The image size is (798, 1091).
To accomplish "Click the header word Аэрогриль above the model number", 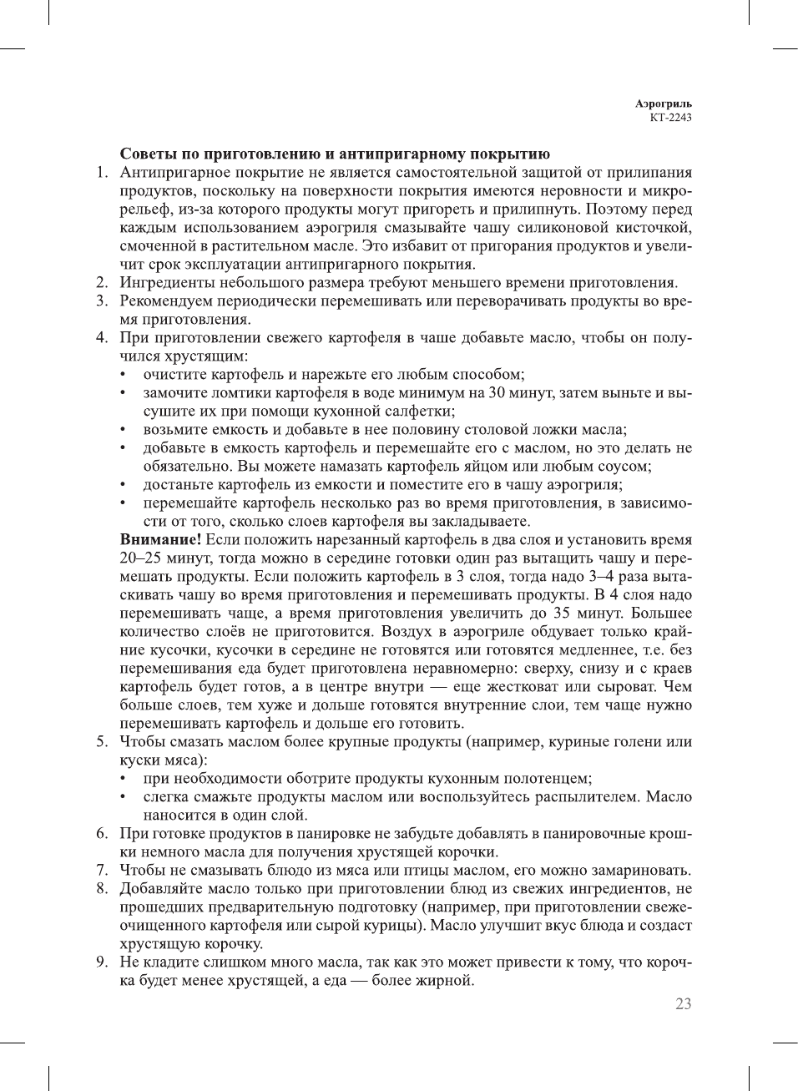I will click(x=663, y=104).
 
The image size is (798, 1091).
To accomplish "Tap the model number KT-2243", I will click(x=670, y=118).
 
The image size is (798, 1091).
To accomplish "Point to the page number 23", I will click(x=683, y=1004).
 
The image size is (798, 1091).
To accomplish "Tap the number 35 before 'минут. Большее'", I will click(x=563, y=614).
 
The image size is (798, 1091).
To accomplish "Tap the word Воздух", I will click(x=415, y=632).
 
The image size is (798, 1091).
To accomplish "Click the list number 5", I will click(x=100, y=742).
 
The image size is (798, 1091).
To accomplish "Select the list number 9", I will click(x=100, y=962).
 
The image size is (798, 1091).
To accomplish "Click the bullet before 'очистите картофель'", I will click(x=125, y=375).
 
